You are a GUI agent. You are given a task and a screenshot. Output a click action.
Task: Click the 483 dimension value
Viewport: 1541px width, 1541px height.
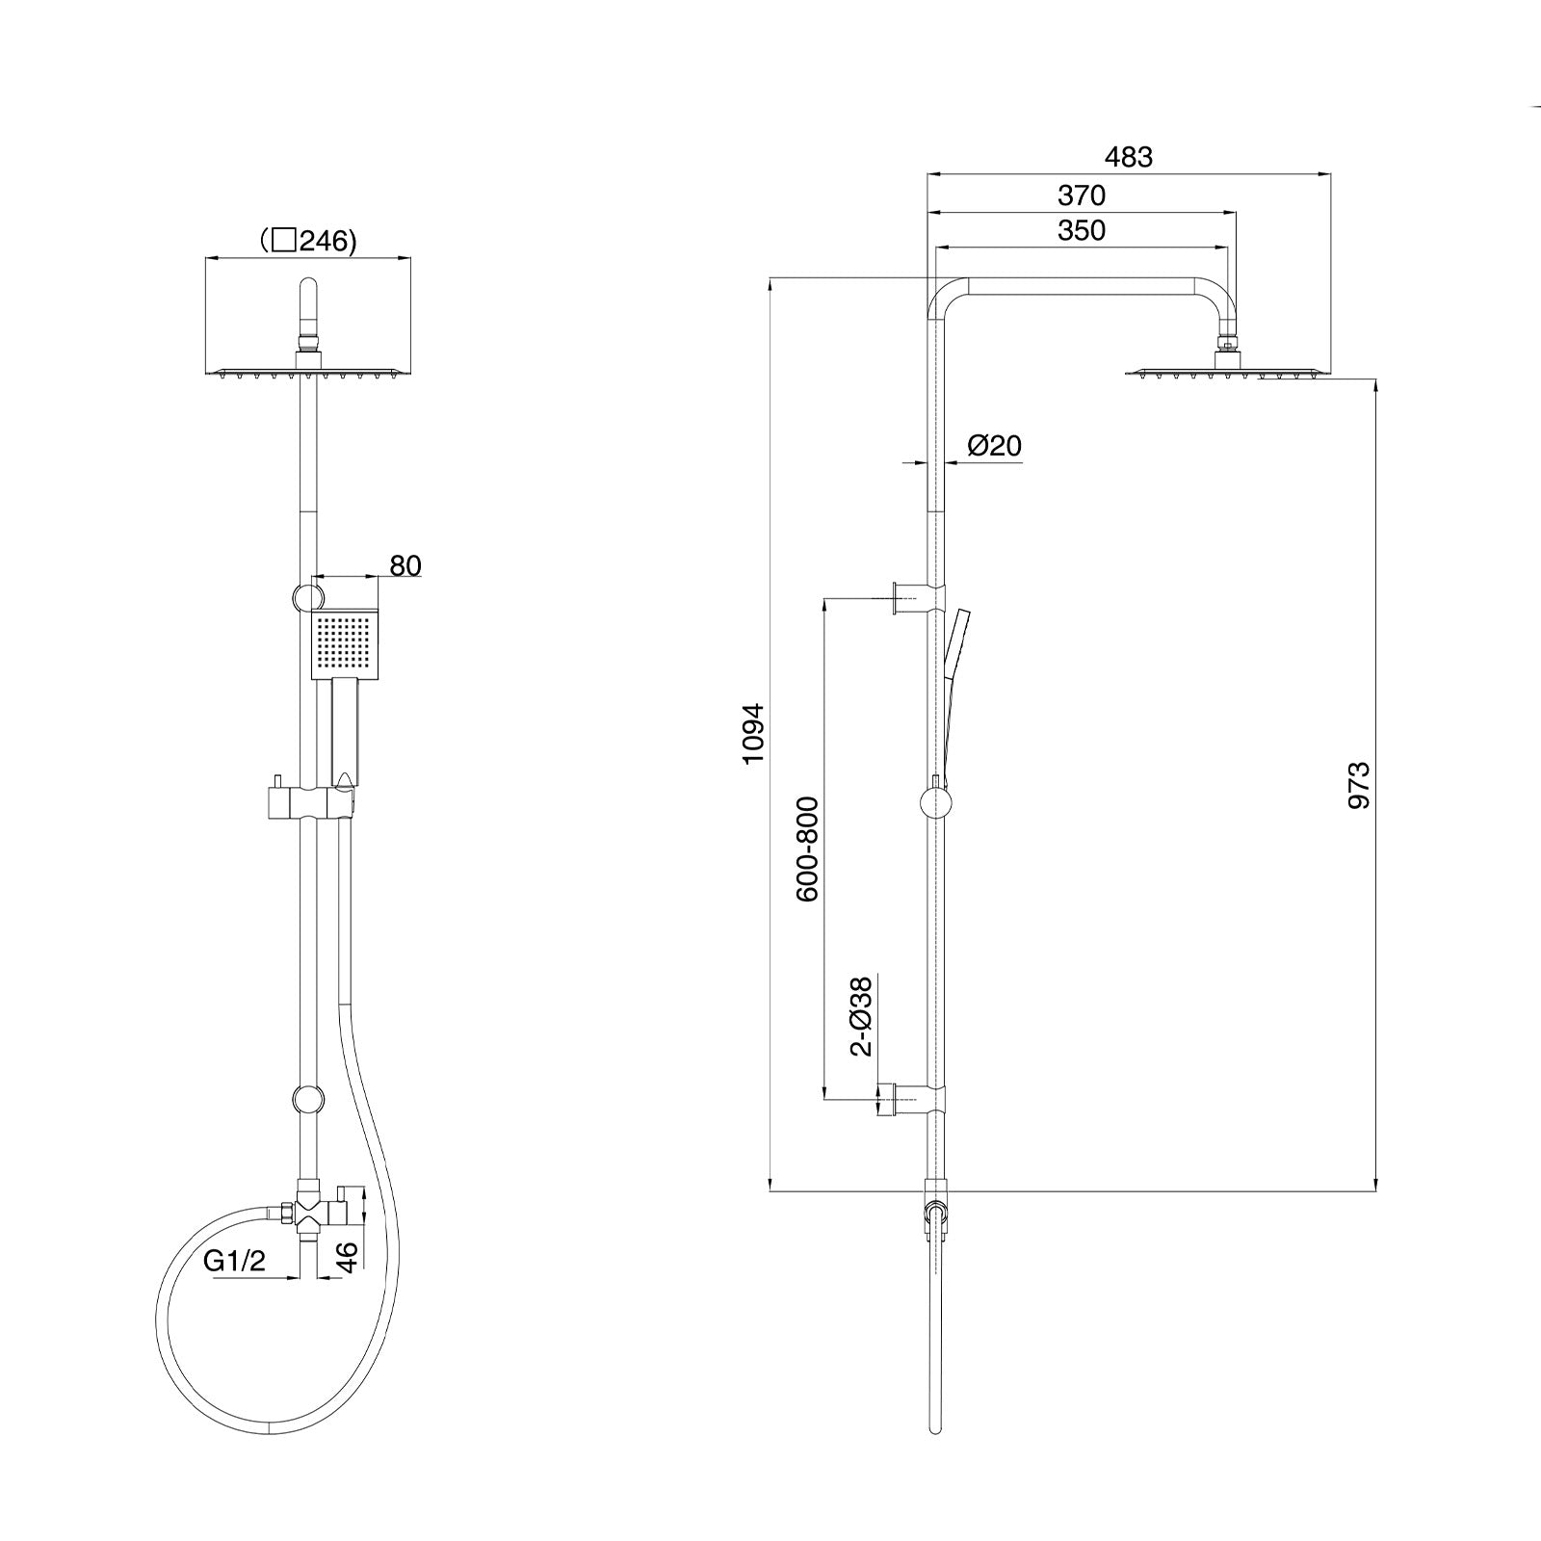[1128, 157]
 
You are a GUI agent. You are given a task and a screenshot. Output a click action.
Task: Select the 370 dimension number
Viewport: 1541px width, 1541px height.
[1082, 196]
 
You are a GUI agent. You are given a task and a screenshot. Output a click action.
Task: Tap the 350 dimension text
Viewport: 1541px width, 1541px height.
[1082, 230]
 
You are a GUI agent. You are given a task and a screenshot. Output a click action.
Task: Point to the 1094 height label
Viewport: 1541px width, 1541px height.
[753, 734]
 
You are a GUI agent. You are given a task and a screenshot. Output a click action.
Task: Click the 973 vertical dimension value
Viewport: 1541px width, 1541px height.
[1358, 785]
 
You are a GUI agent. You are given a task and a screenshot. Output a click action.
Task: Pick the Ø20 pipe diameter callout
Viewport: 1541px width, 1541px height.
[994, 446]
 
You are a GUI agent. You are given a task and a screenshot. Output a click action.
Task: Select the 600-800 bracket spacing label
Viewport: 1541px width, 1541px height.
[807, 849]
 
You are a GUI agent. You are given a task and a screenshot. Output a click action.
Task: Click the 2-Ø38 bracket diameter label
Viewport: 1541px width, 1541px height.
[862, 1016]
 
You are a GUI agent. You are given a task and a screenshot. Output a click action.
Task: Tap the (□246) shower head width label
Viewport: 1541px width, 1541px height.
[308, 241]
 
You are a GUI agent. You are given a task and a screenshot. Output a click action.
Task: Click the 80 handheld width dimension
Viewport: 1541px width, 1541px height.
[405, 566]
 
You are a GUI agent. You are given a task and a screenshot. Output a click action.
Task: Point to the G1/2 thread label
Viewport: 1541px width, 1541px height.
[234, 1261]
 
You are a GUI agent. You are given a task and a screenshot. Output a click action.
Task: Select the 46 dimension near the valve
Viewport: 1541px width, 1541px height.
[348, 1255]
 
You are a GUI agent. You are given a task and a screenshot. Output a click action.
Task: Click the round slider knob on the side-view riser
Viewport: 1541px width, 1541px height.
[935, 802]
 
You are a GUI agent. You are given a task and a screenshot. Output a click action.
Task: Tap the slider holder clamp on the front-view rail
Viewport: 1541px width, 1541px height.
[311, 802]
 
